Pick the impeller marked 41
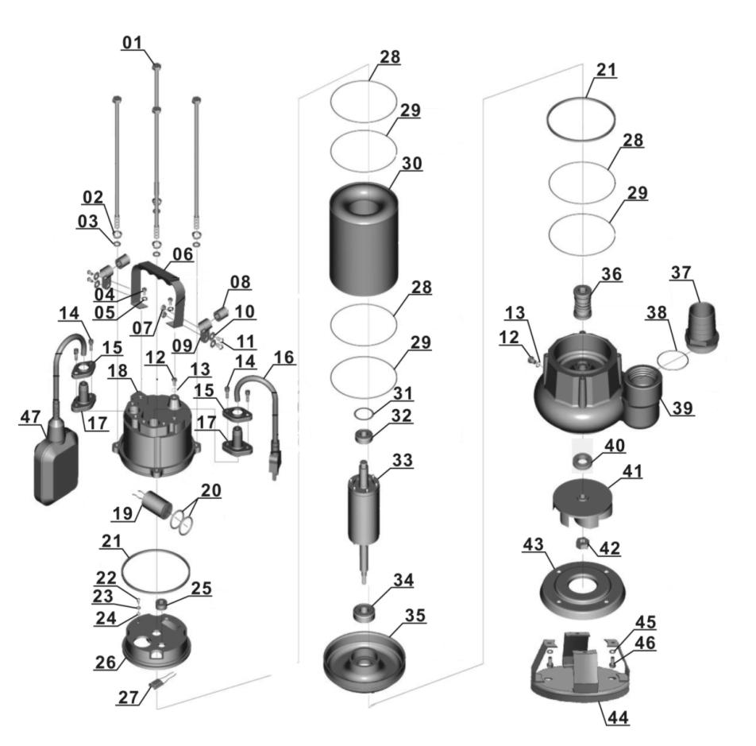(x=583, y=504)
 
